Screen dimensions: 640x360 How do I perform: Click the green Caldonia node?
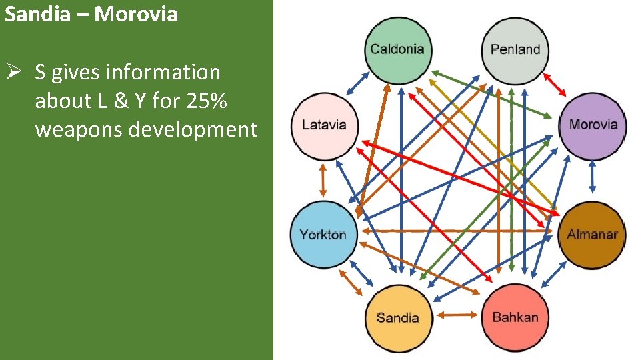pyautogui.click(x=397, y=49)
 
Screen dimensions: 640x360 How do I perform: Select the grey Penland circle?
pyautogui.click(x=515, y=49)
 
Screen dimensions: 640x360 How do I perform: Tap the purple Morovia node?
pyautogui.click(x=593, y=125)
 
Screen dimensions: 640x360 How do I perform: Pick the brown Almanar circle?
pyautogui.click(x=592, y=234)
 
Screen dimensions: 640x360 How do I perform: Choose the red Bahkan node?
pyautogui.click(x=515, y=317)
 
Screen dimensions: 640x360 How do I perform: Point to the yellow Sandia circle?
pyautogui.click(x=397, y=317)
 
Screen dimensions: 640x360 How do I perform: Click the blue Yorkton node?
pyautogui.click(x=323, y=234)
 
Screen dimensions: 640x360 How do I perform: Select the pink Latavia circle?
pyautogui.click(x=324, y=125)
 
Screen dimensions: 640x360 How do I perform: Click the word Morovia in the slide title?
pyautogui.click(x=136, y=14)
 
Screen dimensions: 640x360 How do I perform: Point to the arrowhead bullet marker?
pyautogui.click(x=15, y=72)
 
